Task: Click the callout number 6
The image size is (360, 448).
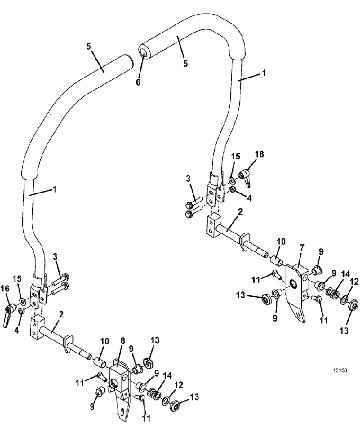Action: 138,83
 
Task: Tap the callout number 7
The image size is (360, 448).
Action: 302,248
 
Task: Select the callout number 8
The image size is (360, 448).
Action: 123,341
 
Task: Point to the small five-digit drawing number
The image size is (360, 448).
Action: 340,371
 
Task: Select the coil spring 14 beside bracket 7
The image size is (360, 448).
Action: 333,293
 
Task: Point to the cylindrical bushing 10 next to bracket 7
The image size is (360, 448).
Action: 276,261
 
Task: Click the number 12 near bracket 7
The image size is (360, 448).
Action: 354,282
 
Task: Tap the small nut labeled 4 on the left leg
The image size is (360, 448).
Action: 21,311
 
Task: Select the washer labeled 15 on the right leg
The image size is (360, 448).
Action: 232,180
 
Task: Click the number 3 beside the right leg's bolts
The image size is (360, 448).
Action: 188,179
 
